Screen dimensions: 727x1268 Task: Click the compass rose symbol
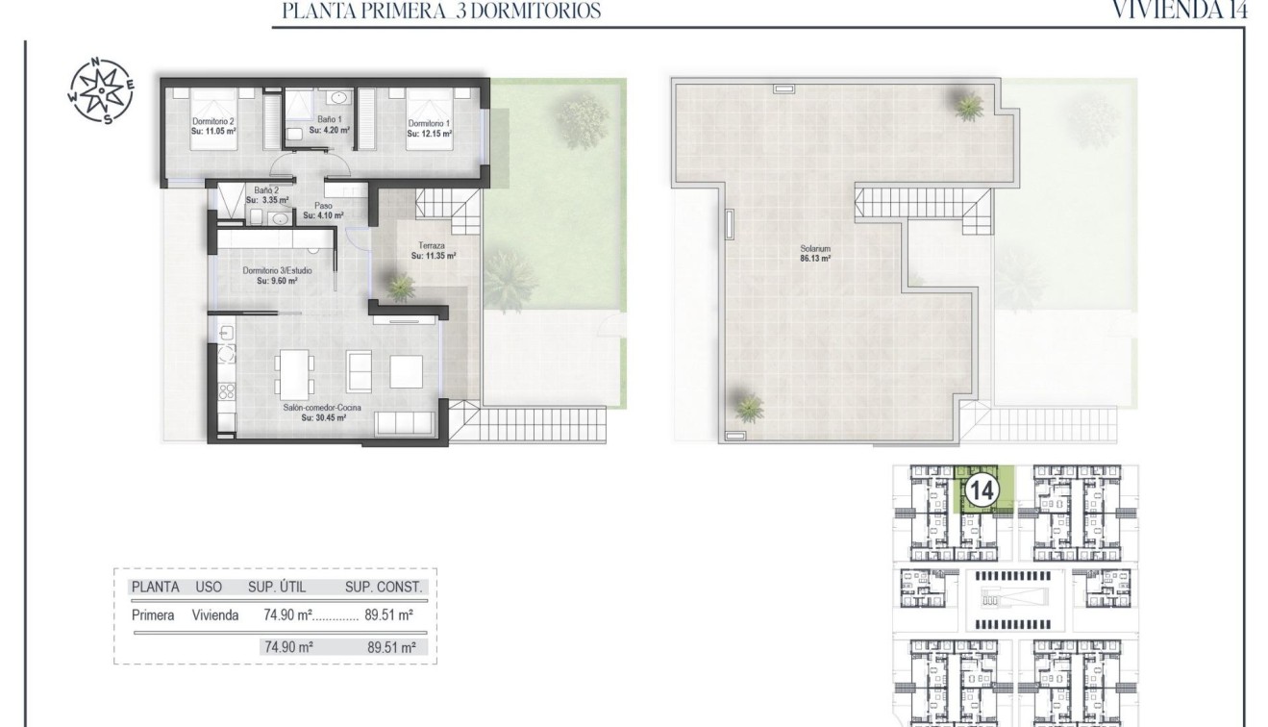pyautogui.click(x=101, y=91)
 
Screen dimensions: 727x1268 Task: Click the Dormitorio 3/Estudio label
pyautogui.click(x=277, y=276)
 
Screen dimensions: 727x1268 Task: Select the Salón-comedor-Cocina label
pyautogui.click(x=314, y=413)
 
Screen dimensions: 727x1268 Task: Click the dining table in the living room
pyautogui.click(x=295, y=374)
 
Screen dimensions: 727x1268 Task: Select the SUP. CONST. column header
pyautogui.click(x=384, y=587)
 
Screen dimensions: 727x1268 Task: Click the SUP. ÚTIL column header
pyautogui.click(x=278, y=587)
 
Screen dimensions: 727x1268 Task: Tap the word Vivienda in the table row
pyautogui.click(x=215, y=615)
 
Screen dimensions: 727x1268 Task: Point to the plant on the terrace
pyautogui.click(x=399, y=285)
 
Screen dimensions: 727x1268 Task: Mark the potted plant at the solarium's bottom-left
pyautogui.click(x=748, y=407)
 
